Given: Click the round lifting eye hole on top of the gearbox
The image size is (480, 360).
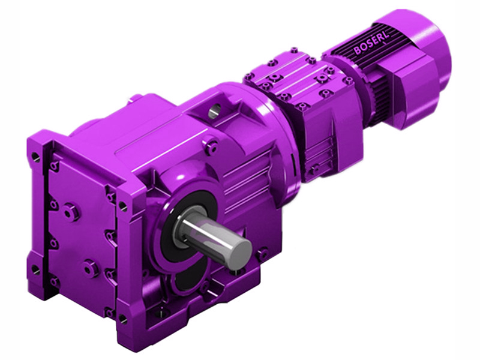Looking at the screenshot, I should point(215,110).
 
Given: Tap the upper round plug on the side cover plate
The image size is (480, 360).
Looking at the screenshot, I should point(71,211).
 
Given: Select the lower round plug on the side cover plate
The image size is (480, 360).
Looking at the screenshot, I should point(91,268).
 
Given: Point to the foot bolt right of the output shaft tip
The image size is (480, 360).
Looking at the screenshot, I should point(262,254).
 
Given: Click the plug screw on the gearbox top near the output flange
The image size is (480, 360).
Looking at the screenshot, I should point(211,144).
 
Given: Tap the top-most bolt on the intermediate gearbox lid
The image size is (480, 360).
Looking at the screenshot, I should point(293,51).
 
